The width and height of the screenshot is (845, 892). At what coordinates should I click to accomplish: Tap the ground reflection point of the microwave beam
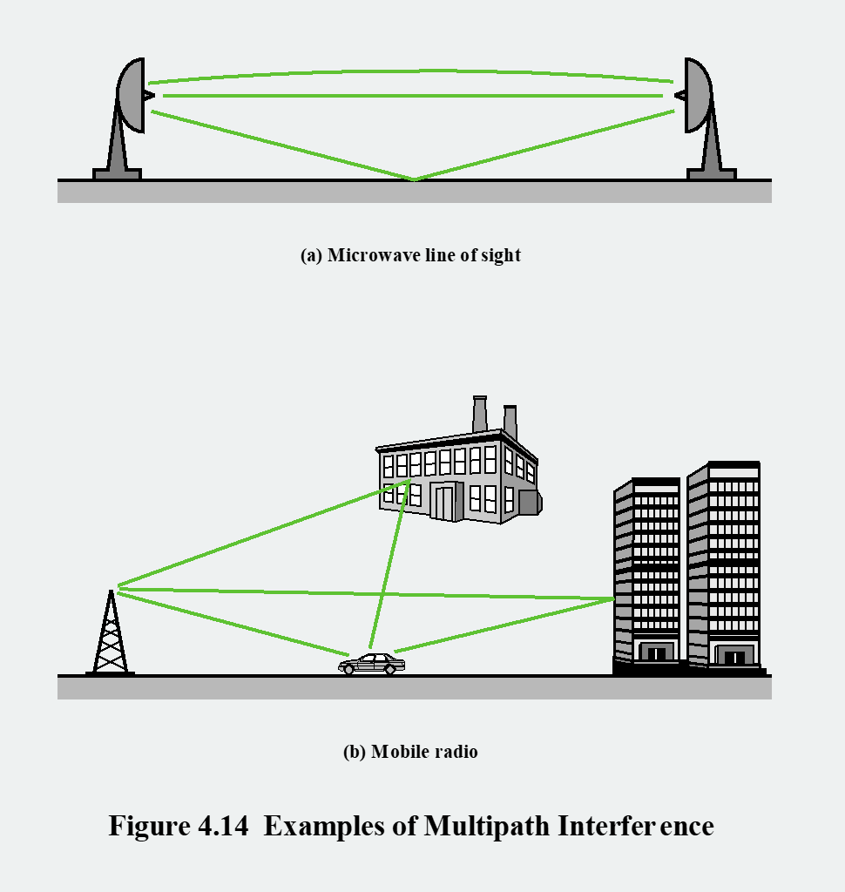414,179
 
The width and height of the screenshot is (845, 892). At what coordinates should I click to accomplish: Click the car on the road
372,665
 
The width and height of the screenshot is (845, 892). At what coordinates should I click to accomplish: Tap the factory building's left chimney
479,414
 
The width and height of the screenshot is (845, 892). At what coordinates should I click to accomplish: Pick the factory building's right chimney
510,422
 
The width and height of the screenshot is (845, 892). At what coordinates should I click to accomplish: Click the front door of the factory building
444,503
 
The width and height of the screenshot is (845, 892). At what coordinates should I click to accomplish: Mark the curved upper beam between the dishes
414,71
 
